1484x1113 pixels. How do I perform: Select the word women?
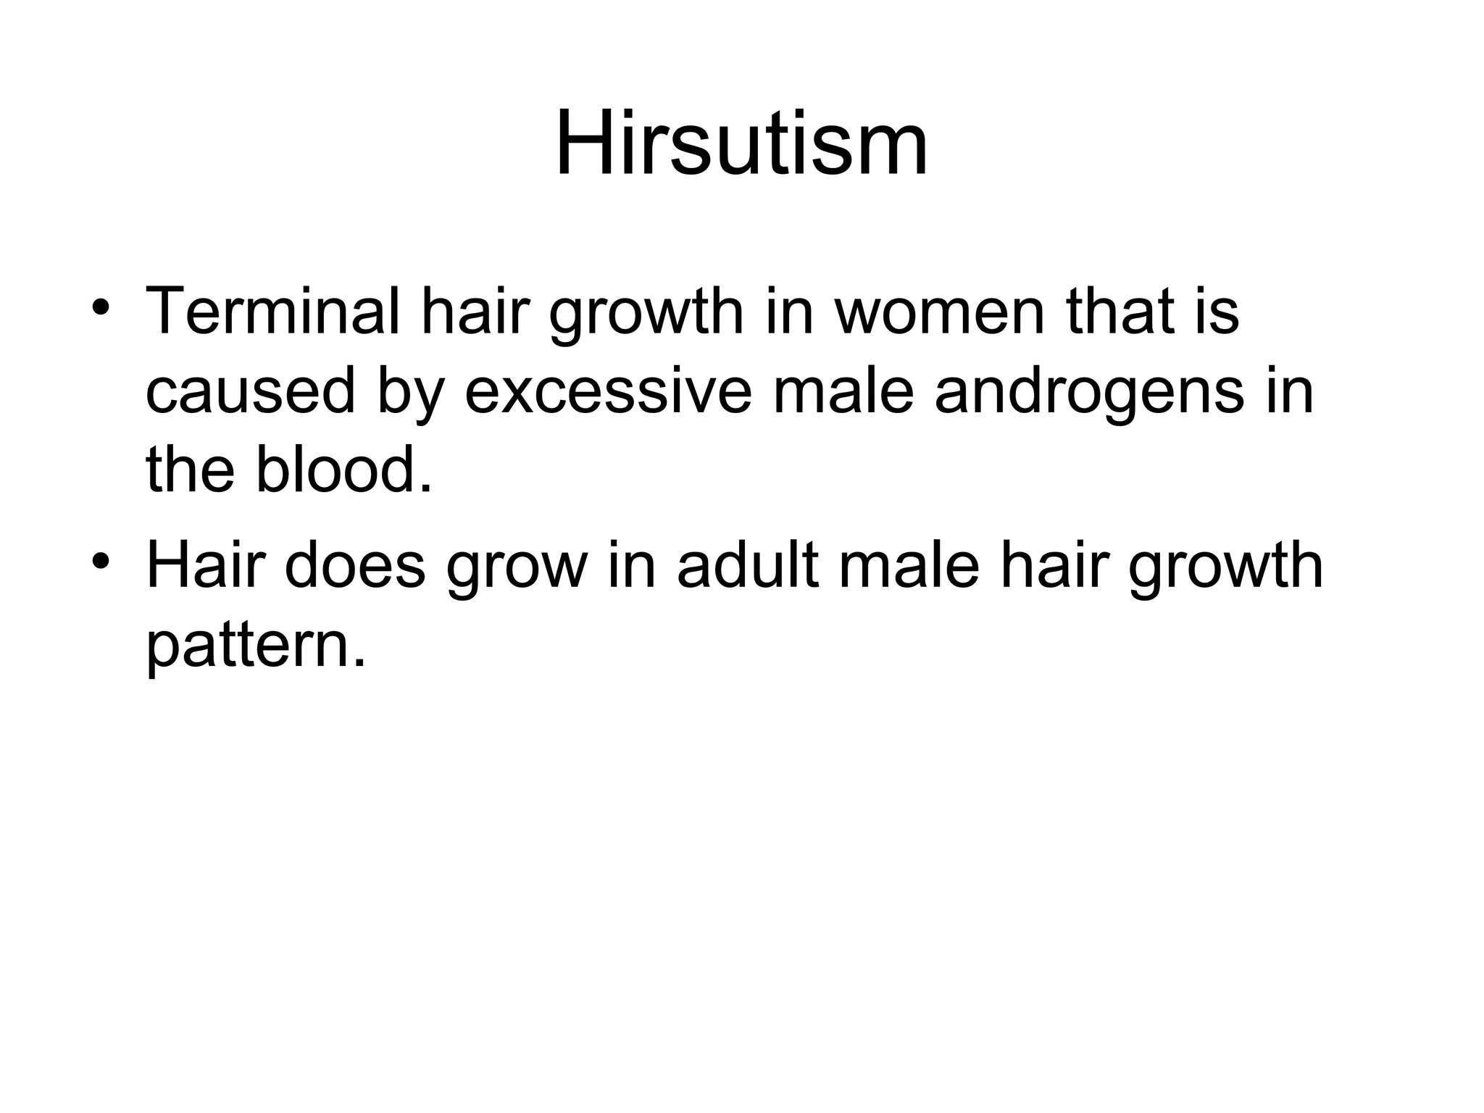939,312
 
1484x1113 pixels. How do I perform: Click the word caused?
250,391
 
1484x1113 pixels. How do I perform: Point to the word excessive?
608,391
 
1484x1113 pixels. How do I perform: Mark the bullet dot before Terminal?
101,305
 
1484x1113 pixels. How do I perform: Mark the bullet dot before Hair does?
101,559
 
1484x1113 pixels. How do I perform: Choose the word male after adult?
909,566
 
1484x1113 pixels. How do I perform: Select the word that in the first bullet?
1120,312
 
